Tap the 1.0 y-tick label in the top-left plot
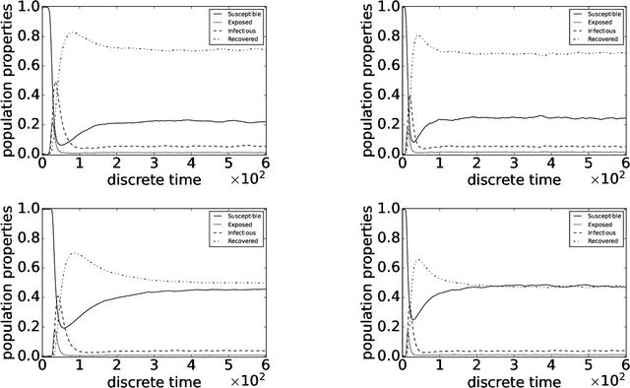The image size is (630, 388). [28, 8]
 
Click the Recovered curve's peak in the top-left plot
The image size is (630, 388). [70, 32]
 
